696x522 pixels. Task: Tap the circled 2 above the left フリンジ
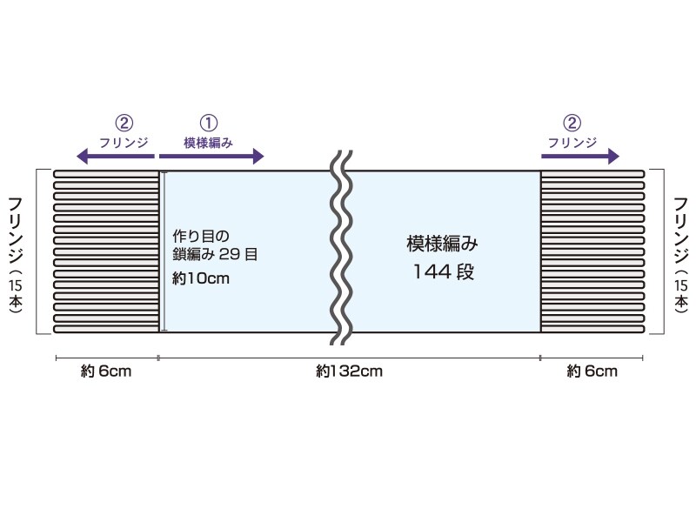(x=124, y=124)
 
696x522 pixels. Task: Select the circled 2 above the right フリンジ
(x=572, y=124)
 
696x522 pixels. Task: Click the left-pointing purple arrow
(x=114, y=157)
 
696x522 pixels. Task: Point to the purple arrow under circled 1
(x=211, y=157)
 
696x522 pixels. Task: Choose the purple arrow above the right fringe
(x=579, y=157)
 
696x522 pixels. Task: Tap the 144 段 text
(x=443, y=271)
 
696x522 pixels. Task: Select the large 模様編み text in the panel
(x=443, y=244)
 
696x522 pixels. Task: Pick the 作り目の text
(x=201, y=235)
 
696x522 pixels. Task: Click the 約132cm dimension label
(x=350, y=371)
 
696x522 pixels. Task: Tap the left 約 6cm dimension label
(x=106, y=371)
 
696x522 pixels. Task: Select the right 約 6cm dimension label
(x=592, y=371)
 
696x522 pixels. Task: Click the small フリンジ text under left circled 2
(x=124, y=142)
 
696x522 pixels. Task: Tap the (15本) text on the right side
(x=681, y=291)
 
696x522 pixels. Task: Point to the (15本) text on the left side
(x=16, y=291)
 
